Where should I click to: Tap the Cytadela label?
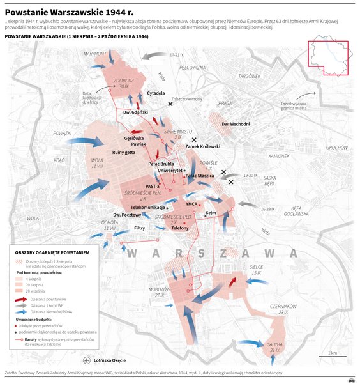[x=156, y=93]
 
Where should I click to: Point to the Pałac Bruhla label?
[x=160, y=164]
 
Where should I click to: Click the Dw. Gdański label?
[x=135, y=112]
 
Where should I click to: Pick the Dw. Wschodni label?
[x=236, y=123]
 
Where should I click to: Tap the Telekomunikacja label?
[x=148, y=208]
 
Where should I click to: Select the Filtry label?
[x=140, y=228]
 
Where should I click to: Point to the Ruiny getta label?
[x=124, y=152]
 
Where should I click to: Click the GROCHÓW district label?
[x=336, y=148]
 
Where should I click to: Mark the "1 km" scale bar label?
[x=332, y=353]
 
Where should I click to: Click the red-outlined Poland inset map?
[x=328, y=58]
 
